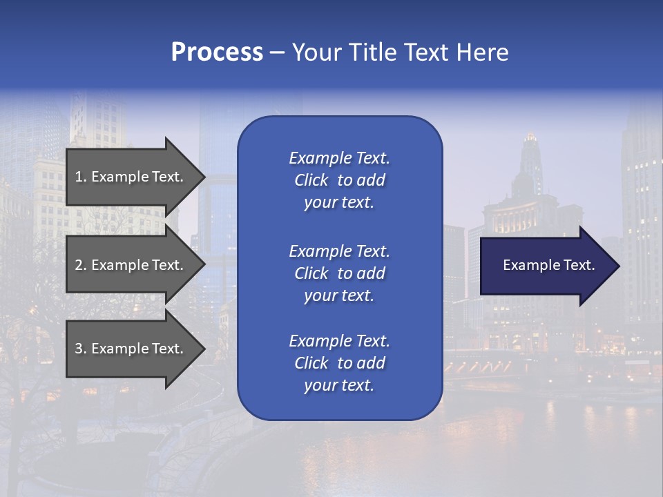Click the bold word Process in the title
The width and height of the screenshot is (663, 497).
[x=217, y=52]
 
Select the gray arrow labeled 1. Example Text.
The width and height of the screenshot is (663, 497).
[x=128, y=177]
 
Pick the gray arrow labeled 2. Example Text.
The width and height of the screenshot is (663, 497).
[x=128, y=265]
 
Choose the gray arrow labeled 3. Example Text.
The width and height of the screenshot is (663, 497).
[x=128, y=349]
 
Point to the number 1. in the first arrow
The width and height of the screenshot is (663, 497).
[x=81, y=177]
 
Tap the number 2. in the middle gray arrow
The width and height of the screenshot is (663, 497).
[x=81, y=265]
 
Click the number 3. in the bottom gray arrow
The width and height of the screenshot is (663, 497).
[x=81, y=349]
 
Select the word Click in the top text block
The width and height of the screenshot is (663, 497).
[x=311, y=180]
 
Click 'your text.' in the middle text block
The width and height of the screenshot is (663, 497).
[x=339, y=295]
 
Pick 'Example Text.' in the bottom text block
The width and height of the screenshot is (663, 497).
[x=339, y=341]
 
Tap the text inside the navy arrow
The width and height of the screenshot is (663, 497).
[x=548, y=265]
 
